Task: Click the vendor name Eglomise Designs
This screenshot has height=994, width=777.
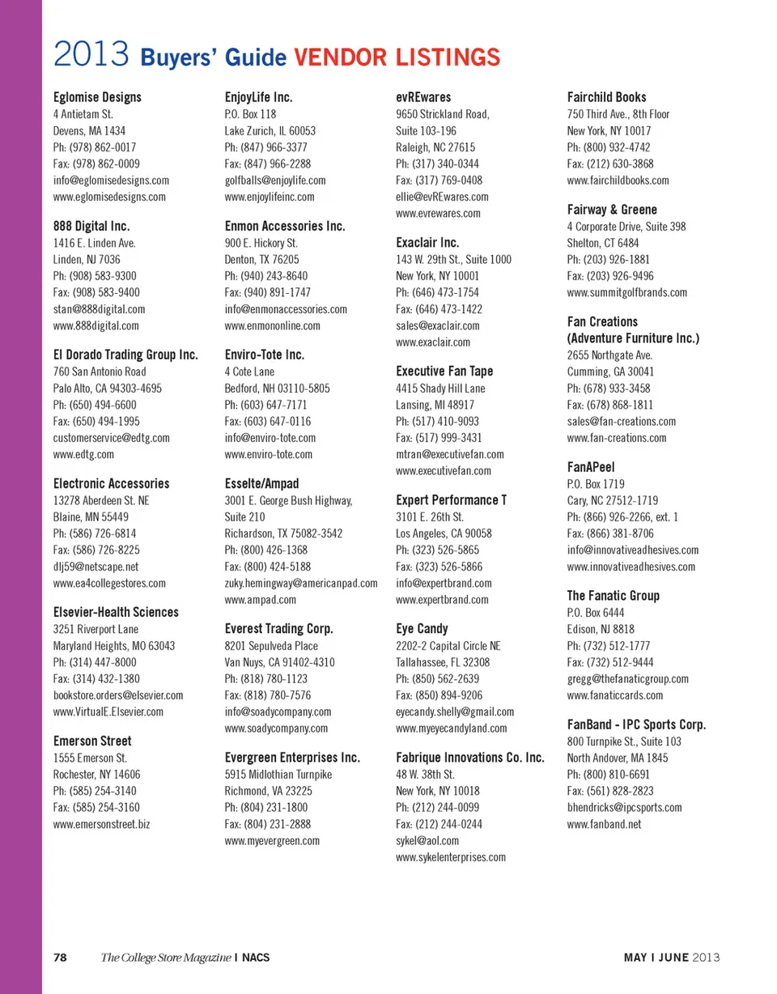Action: [x=97, y=97]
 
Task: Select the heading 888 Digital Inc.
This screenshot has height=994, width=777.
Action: [x=91, y=226]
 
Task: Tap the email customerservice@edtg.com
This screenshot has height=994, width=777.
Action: [x=111, y=438]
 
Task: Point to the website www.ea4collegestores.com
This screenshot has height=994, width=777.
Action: [x=109, y=583]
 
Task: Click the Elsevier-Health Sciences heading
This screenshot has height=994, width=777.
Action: [x=116, y=612]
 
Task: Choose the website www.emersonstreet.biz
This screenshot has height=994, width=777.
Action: [x=101, y=825]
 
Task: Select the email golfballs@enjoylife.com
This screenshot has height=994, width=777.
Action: [x=274, y=181]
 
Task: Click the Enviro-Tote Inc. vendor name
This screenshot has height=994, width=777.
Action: [x=264, y=355]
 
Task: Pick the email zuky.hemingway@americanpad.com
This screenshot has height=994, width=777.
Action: [x=301, y=583]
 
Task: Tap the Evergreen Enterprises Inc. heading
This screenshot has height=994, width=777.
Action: [x=292, y=758]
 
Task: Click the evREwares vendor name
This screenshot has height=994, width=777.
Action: [x=423, y=97]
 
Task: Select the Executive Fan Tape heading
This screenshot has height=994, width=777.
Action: [x=444, y=371]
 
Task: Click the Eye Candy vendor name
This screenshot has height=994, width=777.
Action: [x=422, y=628]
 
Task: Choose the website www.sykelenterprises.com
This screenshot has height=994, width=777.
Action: [x=451, y=857]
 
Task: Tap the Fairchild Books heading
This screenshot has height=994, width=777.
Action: [x=607, y=97]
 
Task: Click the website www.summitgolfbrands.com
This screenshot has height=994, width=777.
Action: [x=627, y=292]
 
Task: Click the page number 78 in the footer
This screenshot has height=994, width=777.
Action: [x=60, y=958]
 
